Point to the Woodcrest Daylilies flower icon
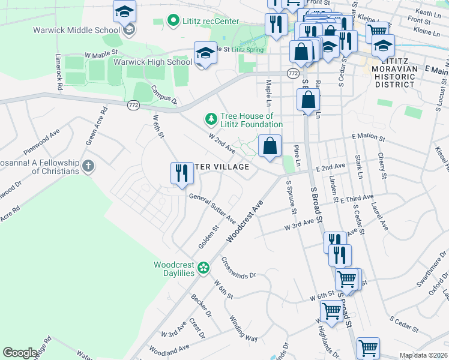click(x=203, y=267)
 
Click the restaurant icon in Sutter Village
click(x=181, y=173)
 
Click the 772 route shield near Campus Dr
click(x=132, y=105)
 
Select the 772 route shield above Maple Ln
click(x=292, y=73)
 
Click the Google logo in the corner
click(x=20, y=353)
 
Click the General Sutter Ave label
click(x=212, y=208)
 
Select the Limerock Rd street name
click(x=59, y=73)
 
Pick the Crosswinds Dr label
click(x=238, y=268)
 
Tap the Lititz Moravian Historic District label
click(x=394, y=77)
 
